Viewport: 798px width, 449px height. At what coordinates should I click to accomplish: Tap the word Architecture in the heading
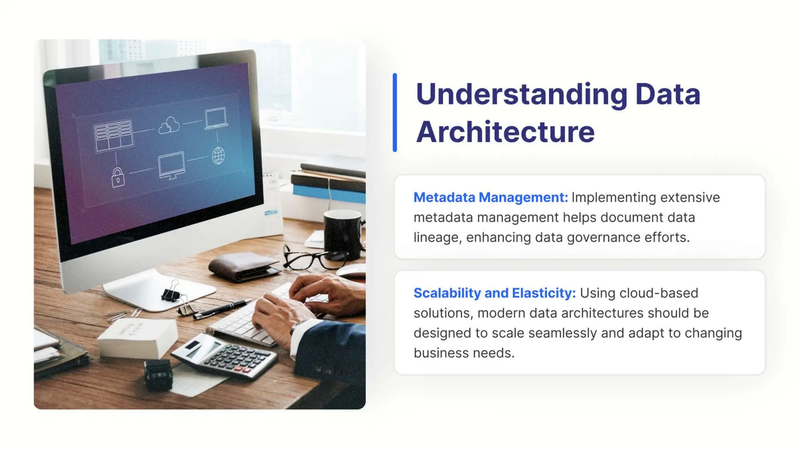click(x=505, y=132)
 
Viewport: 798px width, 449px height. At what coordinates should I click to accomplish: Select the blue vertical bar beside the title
click(x=395, y=112)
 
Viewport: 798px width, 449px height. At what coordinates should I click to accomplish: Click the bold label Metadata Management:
click(x=491, y=197)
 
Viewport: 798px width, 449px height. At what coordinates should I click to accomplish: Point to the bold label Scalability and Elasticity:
click(x=494, y=293)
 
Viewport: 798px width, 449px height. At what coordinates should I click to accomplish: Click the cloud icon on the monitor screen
click(x=169, y=126)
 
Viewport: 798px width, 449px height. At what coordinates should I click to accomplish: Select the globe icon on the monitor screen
click(x=218, y=156)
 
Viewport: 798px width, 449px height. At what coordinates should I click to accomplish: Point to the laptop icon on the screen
click(x=216, y=118)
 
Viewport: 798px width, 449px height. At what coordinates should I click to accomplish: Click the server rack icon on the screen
click(x=113, y=135)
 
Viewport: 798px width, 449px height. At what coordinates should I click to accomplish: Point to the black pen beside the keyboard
click(x=222, y=309)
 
